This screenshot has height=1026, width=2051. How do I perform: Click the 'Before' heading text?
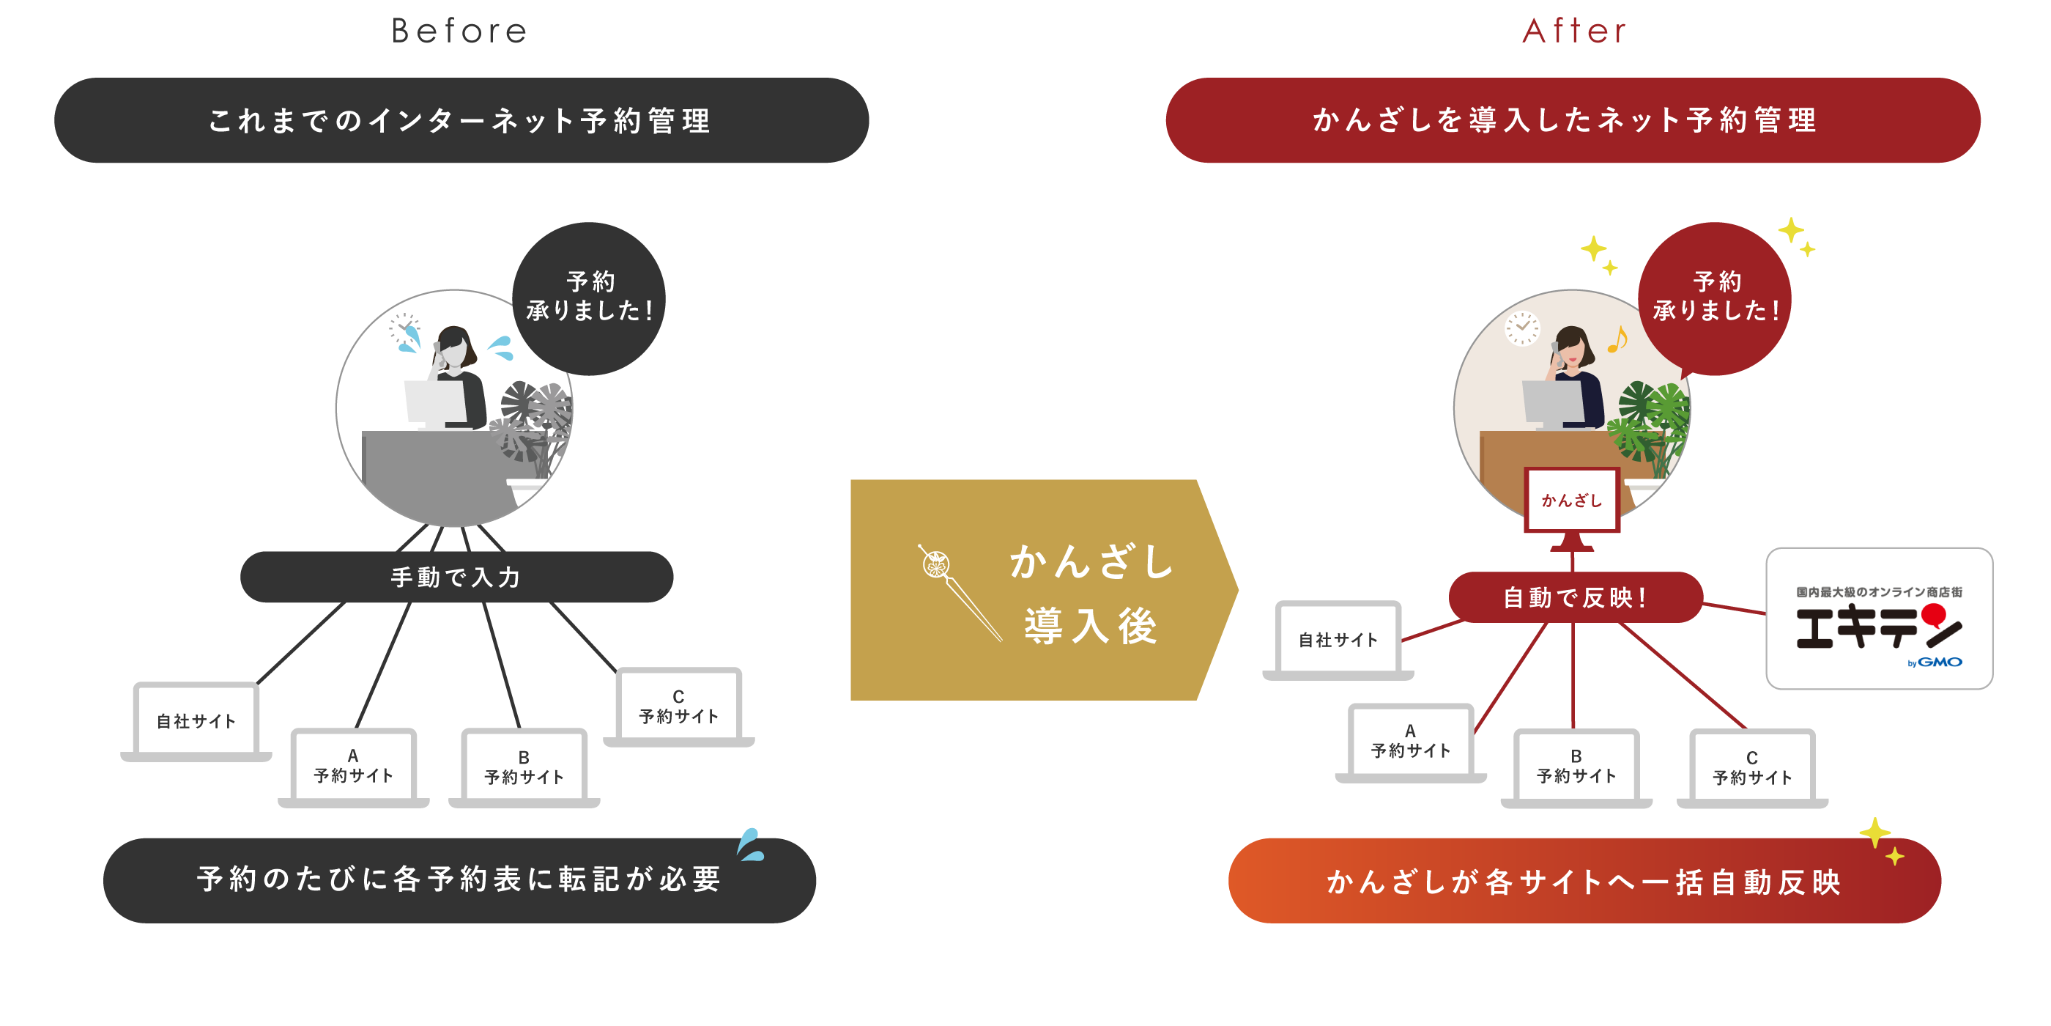pos(459,32)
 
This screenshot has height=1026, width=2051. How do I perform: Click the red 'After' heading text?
pos(1574,32)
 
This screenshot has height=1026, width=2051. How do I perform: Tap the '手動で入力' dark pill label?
pos(456,577)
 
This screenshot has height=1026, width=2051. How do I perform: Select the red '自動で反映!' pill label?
pos(1574,597)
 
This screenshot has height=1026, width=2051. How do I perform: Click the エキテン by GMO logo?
pos(1878,619)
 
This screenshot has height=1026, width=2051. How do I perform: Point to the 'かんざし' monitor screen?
pos(1572,501)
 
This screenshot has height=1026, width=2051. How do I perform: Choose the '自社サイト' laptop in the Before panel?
pos(196,720)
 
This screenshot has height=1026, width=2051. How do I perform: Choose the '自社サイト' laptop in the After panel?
pos(1338,639)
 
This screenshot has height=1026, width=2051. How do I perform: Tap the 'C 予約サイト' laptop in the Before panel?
pos(678,706)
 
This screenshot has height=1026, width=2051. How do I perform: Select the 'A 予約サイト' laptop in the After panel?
pos(1410,741)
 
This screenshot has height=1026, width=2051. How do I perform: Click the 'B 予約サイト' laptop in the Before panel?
pos(524,767)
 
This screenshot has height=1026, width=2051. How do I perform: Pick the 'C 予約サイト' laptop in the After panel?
pos(1751,767)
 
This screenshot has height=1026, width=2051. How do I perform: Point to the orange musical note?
pos(1617,340)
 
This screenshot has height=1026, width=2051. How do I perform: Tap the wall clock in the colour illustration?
pos(1521,328)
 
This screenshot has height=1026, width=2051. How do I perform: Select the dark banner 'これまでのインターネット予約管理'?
pos(461,120)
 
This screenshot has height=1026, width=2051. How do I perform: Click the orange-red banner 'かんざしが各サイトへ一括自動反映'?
pos(1584,881)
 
